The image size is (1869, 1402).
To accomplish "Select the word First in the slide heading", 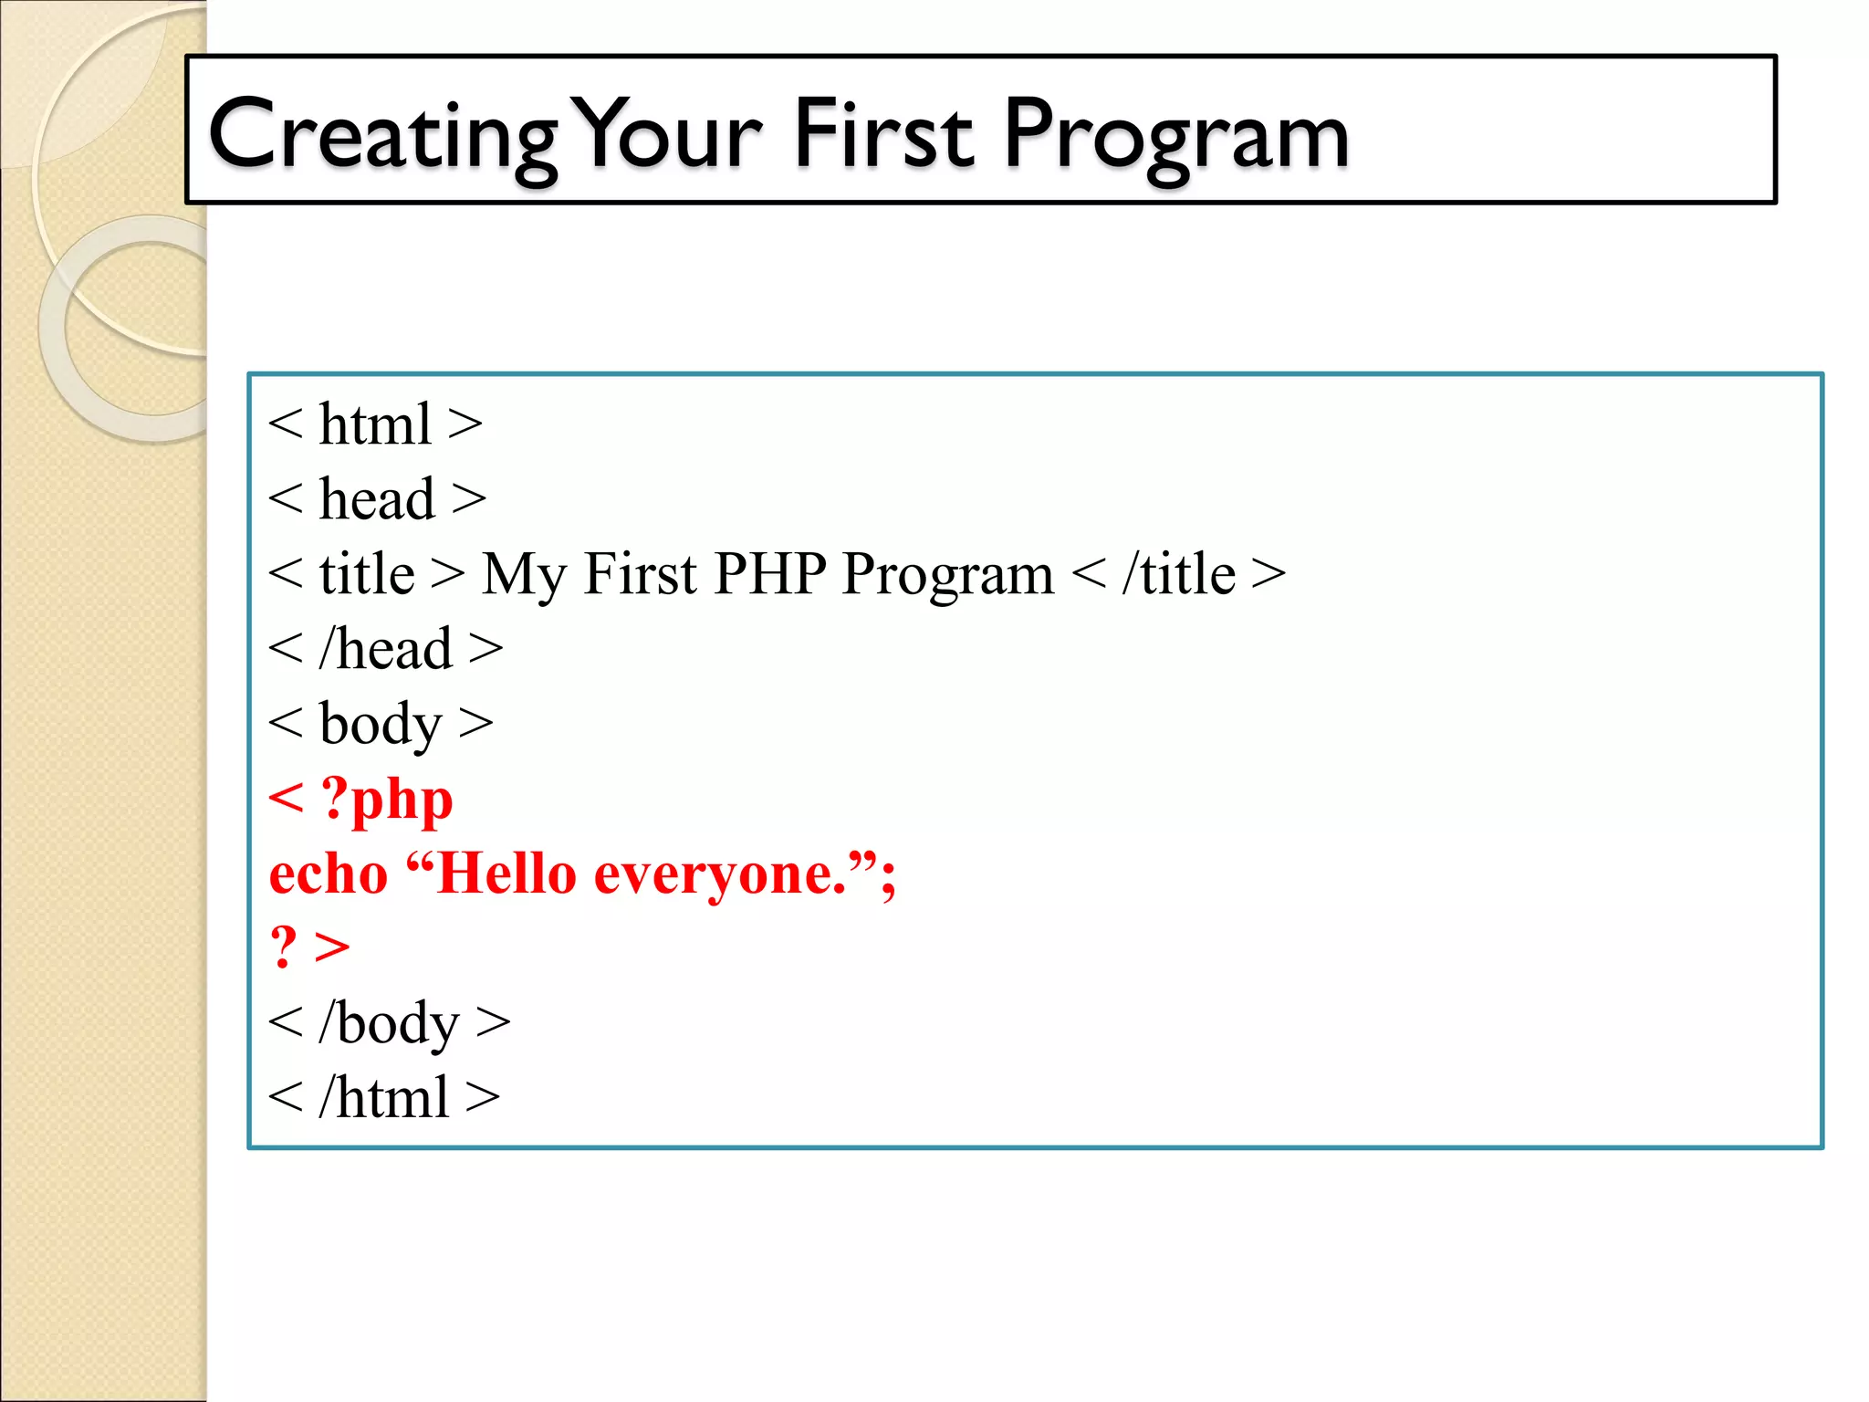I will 883,135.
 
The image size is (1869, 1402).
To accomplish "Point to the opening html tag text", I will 375,425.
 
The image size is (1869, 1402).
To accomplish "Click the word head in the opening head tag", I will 377,500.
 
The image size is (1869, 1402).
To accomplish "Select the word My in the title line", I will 523,575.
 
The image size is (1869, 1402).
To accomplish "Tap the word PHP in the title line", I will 770,574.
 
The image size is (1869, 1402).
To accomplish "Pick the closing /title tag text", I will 1178,575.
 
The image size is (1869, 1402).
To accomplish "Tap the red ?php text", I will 387,800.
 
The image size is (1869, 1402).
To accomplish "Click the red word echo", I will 329,874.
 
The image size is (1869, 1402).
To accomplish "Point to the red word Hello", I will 506,874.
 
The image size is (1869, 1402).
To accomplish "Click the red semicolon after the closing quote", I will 888,878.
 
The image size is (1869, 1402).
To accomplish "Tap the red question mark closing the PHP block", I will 284,947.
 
